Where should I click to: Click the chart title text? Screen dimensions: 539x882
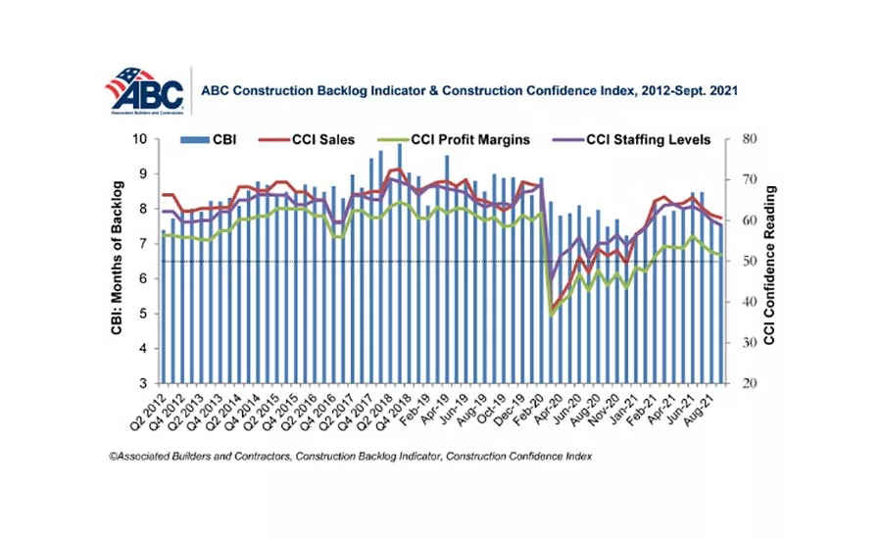click(468, 89)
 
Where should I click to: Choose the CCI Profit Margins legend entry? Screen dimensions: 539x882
click(468, 140)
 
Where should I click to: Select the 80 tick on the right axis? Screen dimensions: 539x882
click(750, 139)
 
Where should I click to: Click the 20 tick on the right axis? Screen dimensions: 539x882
click(750, 383)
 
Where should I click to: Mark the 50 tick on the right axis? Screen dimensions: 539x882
click(750, 262)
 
